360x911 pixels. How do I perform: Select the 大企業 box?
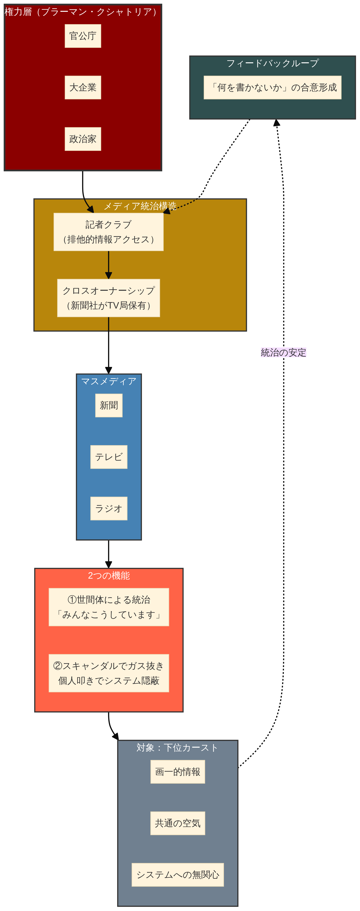pyautogui.click(x=83, y=87)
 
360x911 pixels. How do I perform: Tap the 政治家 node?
pyautogui.click(x=83, y=139)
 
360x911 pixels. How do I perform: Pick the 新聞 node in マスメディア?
pyautogui.click(x=109, y=405)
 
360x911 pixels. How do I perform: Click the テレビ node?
pyautogui.click(x=109, y=457)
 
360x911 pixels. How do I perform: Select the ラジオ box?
pyautogui.click(x=109, y=509)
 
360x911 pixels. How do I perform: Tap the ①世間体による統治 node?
pyautogui.click(x=109, y=607)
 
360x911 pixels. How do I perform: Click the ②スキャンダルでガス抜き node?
pyautogui.click(x=109, y=673)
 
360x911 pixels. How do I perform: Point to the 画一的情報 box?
pyautogui.click(x=178, y=772)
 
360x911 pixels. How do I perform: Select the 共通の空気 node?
pyautogui.click(x=178, y=823)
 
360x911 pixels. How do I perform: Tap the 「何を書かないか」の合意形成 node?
pyautogui.click(x=272, y=87)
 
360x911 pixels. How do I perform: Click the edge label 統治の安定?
pyautogui.click(x=283, y=353)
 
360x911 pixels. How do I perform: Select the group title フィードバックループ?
pyautogui.click(x=272, y=63)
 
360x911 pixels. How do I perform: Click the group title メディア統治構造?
pyautogui.click(x=140, y=206)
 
